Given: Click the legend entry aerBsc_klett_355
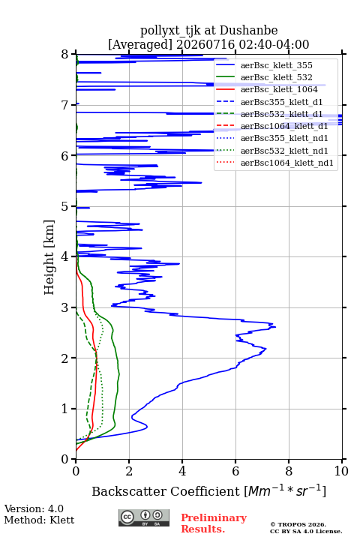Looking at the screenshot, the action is point(276,65).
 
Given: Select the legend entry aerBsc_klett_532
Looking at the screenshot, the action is point(276,77).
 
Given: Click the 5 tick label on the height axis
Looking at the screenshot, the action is point(65,206).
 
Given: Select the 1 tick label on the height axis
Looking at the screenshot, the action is point(65,409).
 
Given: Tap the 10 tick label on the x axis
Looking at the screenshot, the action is point(341,471).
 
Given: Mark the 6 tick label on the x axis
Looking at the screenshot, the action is point(235,471).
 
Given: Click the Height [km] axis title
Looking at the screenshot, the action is point(49,257).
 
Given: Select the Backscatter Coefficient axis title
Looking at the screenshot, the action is point(208,490).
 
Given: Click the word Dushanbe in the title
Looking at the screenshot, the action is point(248,31).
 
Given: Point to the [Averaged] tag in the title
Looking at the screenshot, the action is point(140,44).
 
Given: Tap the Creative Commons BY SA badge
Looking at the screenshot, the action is point(144,517).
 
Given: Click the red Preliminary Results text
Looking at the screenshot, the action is point(214,523).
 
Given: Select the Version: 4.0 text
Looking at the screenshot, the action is point(34,508).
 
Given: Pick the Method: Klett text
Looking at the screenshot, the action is point(39,520).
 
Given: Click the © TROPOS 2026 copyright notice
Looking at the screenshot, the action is point(298,524).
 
